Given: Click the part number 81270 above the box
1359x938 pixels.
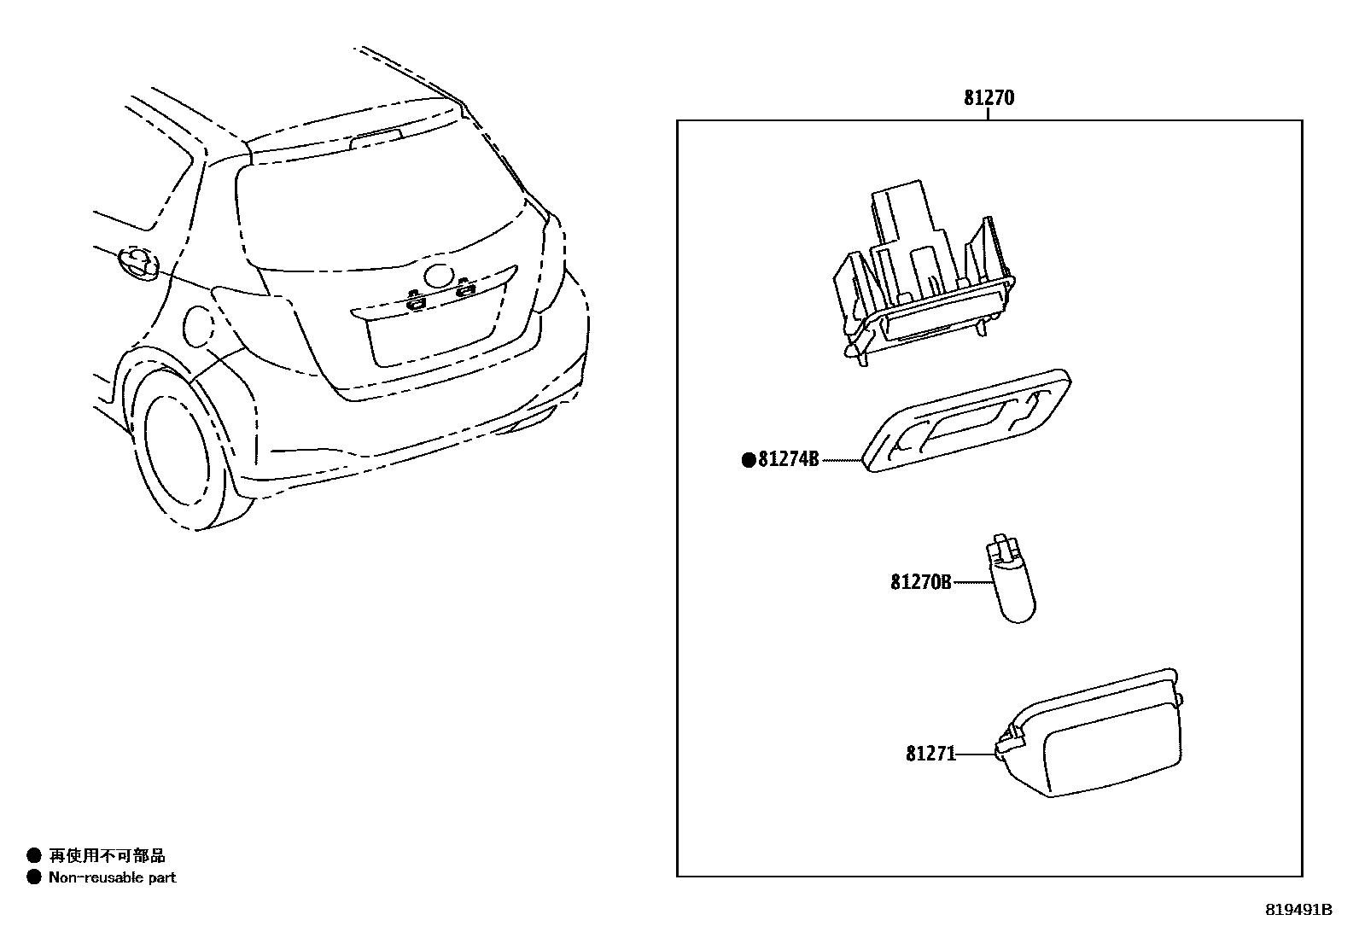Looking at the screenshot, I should [989, 98].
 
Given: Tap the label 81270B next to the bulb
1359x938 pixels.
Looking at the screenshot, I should [920, 582].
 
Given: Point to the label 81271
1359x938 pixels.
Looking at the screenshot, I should [930, 754].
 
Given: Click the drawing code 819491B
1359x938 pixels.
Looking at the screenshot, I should [1298, 910].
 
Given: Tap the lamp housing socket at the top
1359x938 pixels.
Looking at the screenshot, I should [922, 273].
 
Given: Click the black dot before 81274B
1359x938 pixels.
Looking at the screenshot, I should [749, 461].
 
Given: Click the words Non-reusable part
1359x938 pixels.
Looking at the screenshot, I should [112, 877].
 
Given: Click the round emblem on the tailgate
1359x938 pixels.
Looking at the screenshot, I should [440, 276].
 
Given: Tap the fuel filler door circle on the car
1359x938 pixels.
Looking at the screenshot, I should [198, 327].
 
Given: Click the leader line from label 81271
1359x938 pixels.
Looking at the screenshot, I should [975, 754].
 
